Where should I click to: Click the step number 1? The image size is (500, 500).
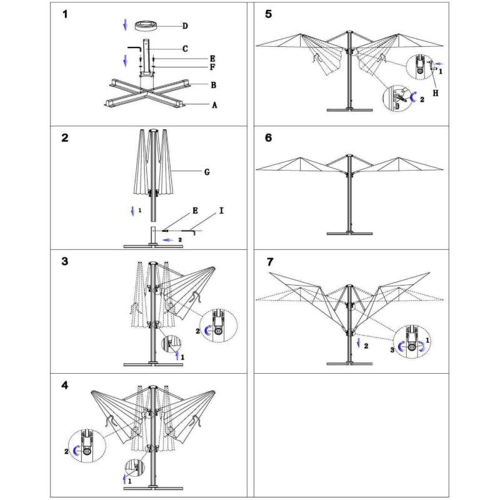coord(65,14)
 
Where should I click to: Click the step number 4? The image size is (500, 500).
coord(65,385)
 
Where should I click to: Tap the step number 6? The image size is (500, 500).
coord(268,138)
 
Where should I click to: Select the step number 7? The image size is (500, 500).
coord(268,261)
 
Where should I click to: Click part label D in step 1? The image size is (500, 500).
coord(185,26)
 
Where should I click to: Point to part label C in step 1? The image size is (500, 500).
coord(185,48)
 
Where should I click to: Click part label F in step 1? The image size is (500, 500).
coord(213,67)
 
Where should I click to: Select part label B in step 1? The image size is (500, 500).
coord(213,84)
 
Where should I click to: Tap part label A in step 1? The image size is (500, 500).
coord(214,106)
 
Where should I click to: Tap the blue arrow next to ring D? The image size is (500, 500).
coord(126,25)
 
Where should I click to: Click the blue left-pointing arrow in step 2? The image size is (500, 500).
coord(168,239)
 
